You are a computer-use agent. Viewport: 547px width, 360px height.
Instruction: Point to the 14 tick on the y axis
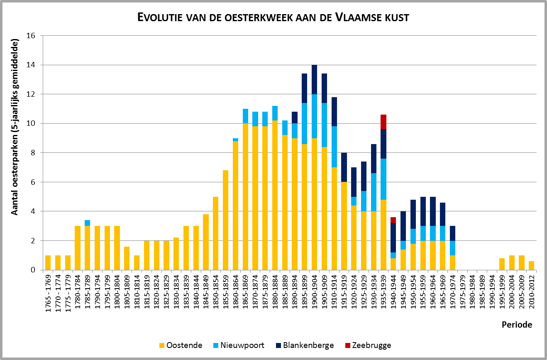point(30,65)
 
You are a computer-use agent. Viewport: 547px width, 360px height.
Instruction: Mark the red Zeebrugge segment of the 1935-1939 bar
point(383,122)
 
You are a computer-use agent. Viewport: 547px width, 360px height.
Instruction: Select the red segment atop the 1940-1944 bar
point(393,220)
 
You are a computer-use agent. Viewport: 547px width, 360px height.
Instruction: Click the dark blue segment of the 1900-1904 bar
point(314,80)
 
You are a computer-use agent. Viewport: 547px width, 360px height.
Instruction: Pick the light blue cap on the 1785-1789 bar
point(88,223)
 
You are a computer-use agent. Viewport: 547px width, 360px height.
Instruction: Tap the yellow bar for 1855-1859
point(225,220)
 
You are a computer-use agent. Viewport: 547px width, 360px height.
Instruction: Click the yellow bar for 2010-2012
point(532,265)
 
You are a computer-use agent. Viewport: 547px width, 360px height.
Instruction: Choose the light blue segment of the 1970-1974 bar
point(452,248)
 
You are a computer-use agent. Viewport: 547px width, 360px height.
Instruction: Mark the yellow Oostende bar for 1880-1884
point(275,195)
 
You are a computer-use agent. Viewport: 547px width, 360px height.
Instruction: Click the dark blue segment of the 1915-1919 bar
point(344,167)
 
